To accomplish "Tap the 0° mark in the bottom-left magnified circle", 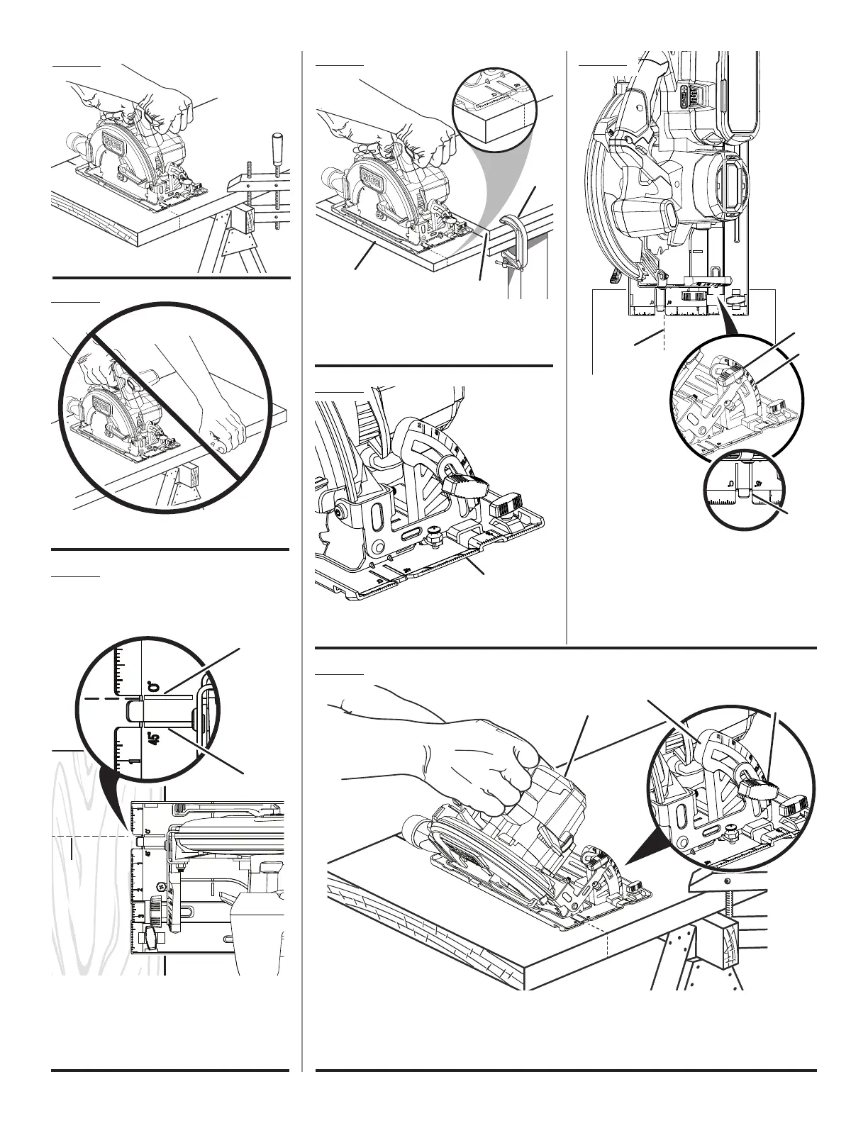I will click(151, 686).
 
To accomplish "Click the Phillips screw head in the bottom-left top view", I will click(160, 887).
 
